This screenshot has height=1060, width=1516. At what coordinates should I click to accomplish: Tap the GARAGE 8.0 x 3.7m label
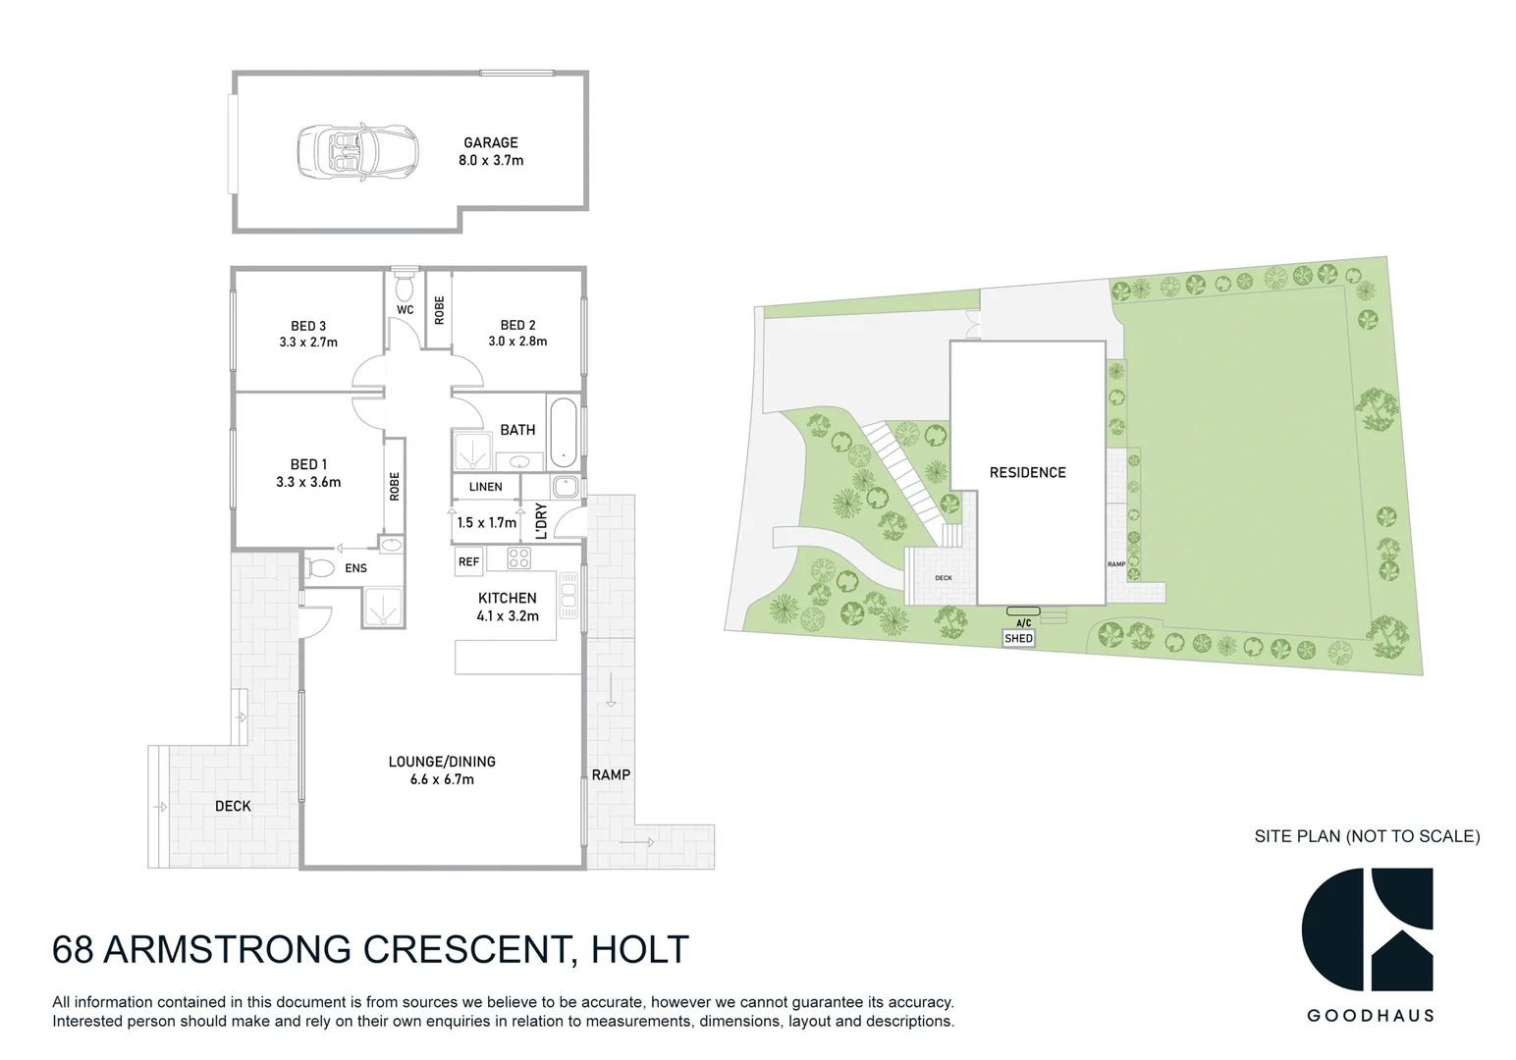point(491,151)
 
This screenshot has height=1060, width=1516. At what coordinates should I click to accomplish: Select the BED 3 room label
point(308,334)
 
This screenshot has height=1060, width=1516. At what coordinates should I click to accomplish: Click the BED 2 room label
point(517,334)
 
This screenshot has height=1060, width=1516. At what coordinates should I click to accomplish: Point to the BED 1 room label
point(308,472)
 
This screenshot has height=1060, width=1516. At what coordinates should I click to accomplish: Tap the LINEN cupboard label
point(486,487)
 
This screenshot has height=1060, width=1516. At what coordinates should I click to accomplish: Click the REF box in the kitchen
point(468,561)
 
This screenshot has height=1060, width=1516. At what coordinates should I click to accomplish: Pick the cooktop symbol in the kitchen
point(518,558)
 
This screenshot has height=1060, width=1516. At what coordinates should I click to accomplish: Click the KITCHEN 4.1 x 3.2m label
point(508,607)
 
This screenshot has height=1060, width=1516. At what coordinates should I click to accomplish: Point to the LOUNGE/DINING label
point(442,769)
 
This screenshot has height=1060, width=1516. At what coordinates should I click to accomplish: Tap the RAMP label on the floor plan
point(611,774)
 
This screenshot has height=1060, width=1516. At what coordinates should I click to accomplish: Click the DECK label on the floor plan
point(233,806)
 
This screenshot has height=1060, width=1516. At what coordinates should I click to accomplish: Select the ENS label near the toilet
point(355,568)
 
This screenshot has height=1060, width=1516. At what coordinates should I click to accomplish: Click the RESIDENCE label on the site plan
point(1027,472)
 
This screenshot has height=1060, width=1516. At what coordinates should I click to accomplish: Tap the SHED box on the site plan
point(1018,638)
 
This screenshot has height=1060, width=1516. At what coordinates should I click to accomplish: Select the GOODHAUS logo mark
point(1367,929)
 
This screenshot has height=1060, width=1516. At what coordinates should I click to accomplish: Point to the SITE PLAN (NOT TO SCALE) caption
point(1367,836)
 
